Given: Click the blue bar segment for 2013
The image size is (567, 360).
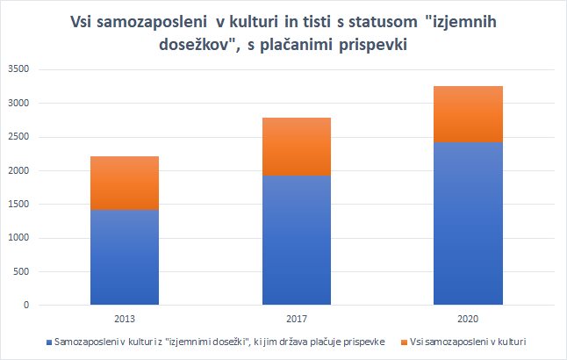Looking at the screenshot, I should [125, 257].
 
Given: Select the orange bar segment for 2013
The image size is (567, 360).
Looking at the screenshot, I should [125, 183].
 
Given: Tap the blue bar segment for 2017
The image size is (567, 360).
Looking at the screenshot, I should [296, 240].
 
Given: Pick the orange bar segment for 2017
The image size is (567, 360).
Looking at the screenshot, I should [296, 147].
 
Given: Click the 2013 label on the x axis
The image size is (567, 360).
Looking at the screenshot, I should [125, 318].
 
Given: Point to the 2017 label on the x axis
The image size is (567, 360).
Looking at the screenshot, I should [296, 318].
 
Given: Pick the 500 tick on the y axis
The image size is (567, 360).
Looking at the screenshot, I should [20, 271].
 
